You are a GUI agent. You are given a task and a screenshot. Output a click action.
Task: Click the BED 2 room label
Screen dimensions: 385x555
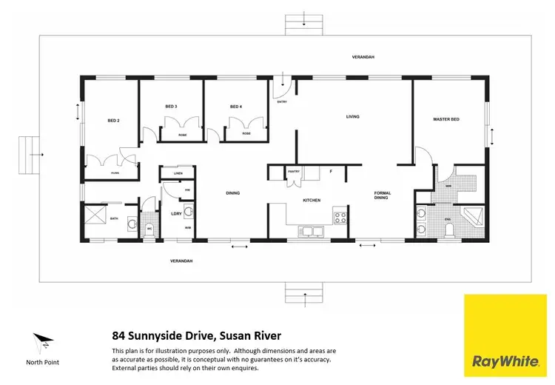pyautogui.click(x=113, y=121)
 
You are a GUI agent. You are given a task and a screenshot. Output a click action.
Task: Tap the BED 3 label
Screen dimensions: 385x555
pyautogui.click(x=171, y=107)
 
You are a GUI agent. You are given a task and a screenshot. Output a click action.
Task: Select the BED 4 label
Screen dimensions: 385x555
pyautogui.click(x=236, y=107)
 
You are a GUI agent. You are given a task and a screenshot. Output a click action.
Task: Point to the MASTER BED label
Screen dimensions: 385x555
pyautogui.click(x=446, y=119)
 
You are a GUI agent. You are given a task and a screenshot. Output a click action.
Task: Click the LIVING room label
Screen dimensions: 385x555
pyautogui.click(x=353, y=116)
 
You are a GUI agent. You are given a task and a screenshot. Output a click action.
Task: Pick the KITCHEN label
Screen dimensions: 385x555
pyautogui.click(x=312, y=200)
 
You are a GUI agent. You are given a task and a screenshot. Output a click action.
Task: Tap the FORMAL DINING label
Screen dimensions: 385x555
pyautogui.click(x=382, y=195)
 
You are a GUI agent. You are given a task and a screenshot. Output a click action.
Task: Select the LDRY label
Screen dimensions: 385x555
pyautogui.click(x=176, y=214)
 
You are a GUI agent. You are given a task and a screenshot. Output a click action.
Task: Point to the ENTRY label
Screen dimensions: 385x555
pyautogui.click(x=282, y=101)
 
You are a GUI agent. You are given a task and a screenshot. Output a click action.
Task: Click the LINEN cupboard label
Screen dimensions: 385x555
pyautogui.click(x=178, y=174)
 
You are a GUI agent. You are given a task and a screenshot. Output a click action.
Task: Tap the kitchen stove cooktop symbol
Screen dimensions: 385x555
pyautogui.click(x=341, y=218)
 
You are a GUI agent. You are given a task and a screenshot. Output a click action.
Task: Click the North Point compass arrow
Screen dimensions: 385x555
pyautogui.click(x=41, y=343)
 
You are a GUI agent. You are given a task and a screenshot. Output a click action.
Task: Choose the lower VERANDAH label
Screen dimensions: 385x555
pyautogui.click(x=181, y=261)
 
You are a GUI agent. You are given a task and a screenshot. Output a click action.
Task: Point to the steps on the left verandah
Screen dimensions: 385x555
pyautogui.click(x=30, y=154)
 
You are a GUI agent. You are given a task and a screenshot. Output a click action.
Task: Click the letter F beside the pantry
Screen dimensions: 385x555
pyautogui.click(x=331, y=172)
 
